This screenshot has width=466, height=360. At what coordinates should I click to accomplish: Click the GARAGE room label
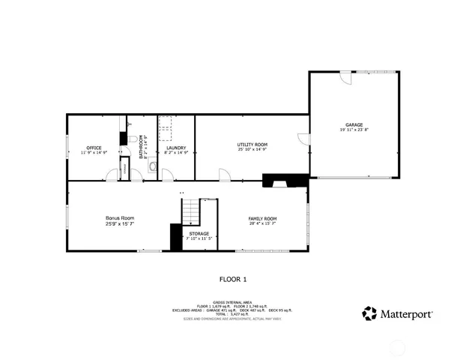354,124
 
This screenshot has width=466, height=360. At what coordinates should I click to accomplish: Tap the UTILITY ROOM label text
252,144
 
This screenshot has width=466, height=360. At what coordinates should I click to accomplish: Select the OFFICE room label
94,148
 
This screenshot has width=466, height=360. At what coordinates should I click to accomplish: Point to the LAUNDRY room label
176,148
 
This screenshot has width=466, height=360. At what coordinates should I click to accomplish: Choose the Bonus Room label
119,218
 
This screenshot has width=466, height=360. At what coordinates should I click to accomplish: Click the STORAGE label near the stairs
199,233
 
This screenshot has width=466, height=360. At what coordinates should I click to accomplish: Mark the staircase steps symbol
193,211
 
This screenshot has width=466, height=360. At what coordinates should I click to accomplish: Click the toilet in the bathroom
132,140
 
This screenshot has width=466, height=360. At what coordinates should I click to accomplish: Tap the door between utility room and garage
303,139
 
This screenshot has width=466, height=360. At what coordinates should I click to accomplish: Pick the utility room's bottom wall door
224,175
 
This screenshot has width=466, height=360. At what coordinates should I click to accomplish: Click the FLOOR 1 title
232,279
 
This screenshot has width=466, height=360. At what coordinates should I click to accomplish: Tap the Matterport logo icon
369,313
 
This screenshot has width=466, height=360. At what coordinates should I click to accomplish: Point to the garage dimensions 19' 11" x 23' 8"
354,130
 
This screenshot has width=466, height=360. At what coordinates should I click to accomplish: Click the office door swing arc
111,175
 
